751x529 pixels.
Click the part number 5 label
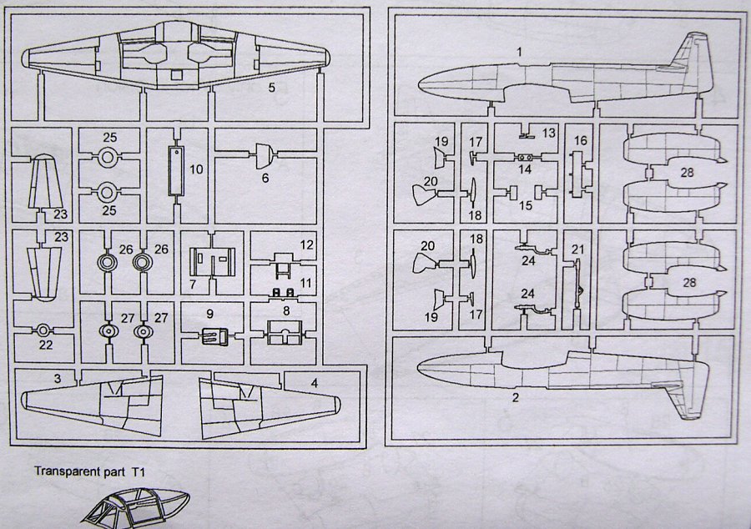(272, 87)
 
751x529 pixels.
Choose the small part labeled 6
(265, 154)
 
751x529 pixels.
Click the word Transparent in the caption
(63, 471)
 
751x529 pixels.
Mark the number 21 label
(577, 249)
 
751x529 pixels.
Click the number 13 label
(548, 134)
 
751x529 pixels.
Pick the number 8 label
(286, 309)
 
